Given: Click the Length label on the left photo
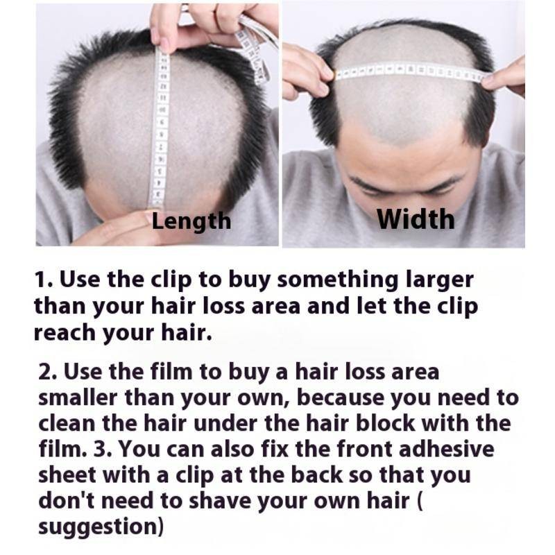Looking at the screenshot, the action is [191, 221].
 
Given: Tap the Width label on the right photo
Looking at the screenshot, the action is [416, 219].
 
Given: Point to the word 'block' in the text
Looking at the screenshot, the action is [385, 423].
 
